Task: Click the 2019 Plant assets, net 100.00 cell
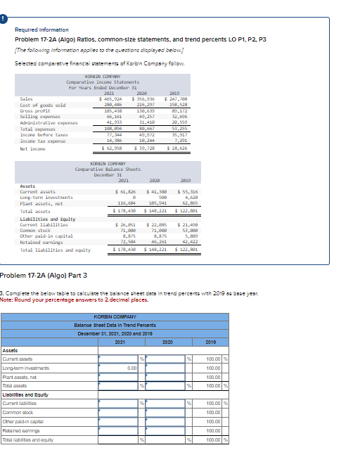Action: pyautogui.click(x=211, y=377)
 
